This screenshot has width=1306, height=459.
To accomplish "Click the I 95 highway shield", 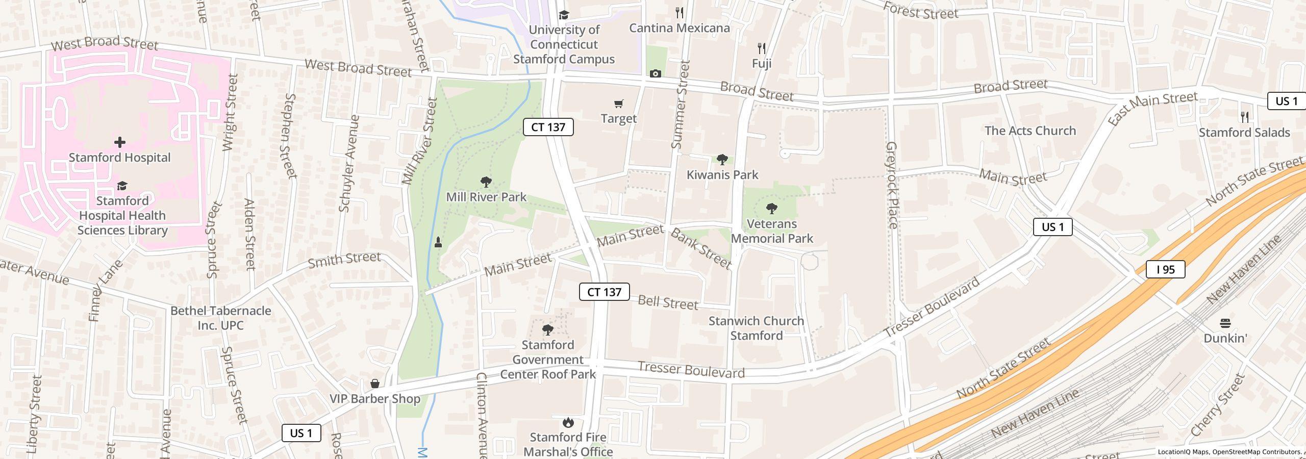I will [x=1165, y=269].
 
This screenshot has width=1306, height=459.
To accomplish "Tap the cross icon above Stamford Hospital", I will [x=120, y=142].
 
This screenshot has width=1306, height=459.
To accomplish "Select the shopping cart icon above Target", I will [x=618, y=104].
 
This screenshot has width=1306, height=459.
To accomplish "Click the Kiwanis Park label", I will [x=722, y=175].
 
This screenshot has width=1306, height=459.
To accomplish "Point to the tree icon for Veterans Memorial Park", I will [x=772, y=208].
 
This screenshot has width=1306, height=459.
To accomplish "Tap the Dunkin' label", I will [x=1225, y=338].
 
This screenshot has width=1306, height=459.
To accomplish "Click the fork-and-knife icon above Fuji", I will [x=762, y=48].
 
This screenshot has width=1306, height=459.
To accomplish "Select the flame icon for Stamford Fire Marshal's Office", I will [x=568, y=422].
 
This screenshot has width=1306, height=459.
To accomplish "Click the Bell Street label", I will [x=667, y=302].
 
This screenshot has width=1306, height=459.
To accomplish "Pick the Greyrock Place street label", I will [x=892, y=185].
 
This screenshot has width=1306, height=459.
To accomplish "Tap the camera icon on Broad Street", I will [x=656, y=74].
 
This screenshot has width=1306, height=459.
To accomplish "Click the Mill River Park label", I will [x=486, y=197].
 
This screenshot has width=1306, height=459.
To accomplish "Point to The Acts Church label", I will [x=1030, y=131].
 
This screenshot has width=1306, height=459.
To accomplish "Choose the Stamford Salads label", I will [x=1244, y=133].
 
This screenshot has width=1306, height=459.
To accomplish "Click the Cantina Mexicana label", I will [x=679, y=28].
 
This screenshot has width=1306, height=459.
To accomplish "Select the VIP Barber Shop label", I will [x=375, y=399].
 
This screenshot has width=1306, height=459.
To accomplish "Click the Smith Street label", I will [x=344, y=260].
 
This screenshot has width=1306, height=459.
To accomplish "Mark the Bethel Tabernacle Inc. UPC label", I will [x=220, y=318].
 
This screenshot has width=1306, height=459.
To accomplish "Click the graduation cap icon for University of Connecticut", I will [x=563, y=15].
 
